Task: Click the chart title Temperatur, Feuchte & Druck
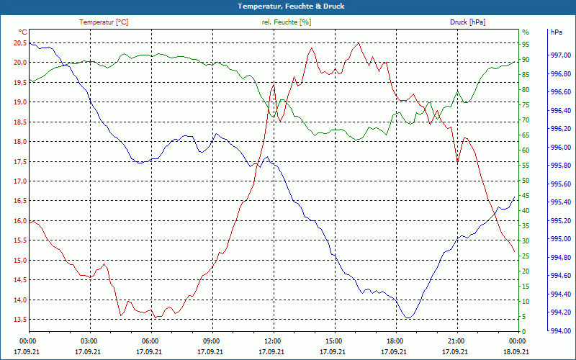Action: pos(288,6)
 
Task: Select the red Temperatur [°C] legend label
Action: pos(104,22)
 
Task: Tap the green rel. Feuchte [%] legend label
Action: pos(287,22)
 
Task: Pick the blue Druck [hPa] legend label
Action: pos(467,22)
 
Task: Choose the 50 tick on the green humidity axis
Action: pos(526,181)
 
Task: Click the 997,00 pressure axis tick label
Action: pos(560,55)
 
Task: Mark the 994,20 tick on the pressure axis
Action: pos(560,312)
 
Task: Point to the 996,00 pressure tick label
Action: pos(560,148)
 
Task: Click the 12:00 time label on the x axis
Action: pos(272,340)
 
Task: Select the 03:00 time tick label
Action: pos(89,340)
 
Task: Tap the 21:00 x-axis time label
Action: pos(456,340)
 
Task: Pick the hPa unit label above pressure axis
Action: pos(557,32)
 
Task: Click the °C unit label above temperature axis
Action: pos(23,32)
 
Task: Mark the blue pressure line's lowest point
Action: pos(408,318)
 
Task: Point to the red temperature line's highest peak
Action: pos(359,43)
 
